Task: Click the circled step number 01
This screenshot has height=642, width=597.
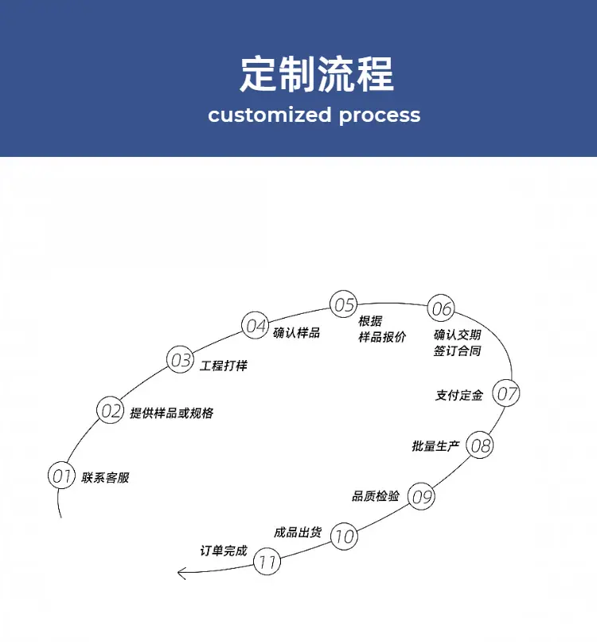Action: (62, 475)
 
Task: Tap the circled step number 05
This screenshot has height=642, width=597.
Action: (343, 303)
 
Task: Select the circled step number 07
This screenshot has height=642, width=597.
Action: (506, 393)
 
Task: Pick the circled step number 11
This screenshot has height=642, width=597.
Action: (267, 561)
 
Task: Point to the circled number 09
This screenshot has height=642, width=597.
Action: (421, 496)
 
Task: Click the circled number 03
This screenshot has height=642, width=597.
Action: (181, 359)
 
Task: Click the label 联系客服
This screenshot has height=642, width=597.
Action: (105, 477)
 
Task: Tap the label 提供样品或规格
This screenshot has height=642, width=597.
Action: (171, 413)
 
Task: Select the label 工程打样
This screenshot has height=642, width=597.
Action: (224, 366)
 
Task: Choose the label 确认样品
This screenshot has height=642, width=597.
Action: (296, 332)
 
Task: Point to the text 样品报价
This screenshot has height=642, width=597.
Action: (382, 337)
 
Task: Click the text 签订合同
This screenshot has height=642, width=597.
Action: (457, 351)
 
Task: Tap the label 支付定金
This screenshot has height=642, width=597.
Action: (459, 395)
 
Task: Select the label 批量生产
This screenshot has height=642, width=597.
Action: (435, 446)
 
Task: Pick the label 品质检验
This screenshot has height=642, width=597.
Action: (376, 495)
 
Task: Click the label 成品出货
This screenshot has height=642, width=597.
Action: (298, 532)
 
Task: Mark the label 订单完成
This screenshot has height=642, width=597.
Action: (224, 550)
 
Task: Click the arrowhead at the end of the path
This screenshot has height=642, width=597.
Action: (178, 573)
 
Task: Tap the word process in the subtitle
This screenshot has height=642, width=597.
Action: (380, 115)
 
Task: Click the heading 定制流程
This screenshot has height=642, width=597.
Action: (317, 74)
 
